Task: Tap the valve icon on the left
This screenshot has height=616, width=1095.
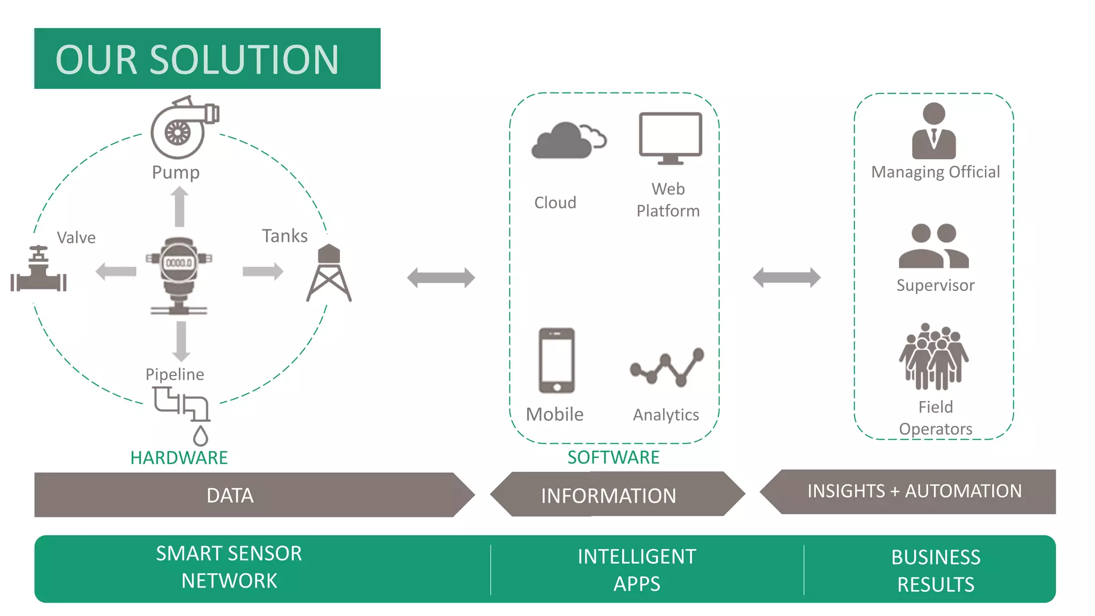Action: pyautogui.click(x=38, y=270)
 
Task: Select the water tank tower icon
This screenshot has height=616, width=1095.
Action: pyautogui.click(x=329, y=273)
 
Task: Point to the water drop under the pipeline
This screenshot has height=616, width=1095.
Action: pyautogui.click(x=201, y=436)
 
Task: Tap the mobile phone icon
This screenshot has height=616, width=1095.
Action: pyautogui.click(x=557, y=361)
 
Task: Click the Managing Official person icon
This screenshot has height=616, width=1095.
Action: pyautogui.click(x=934, y=132)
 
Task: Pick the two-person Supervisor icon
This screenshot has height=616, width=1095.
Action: pyautogui.click(x=934, y=246)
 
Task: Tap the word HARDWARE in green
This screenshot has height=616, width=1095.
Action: pyautogui.click(x=179, y=458)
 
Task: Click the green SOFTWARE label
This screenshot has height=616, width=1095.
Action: pyautogui.click(x=613, y=457)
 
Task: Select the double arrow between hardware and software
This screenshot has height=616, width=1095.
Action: pyautogui.click(x=441, y=278)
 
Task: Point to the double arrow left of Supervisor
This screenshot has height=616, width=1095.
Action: pyautogui.click(x=786, y=278)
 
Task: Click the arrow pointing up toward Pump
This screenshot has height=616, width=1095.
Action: pyautogui.click(x=180, y=207)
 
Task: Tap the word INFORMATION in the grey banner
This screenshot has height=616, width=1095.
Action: pyautogui.click(x=608, y=496)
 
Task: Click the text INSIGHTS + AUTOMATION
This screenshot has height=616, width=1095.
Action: pyautogui.click(x=914, y=491)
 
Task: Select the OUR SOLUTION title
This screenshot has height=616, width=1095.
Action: pyautogui.click(x=197, y=59)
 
